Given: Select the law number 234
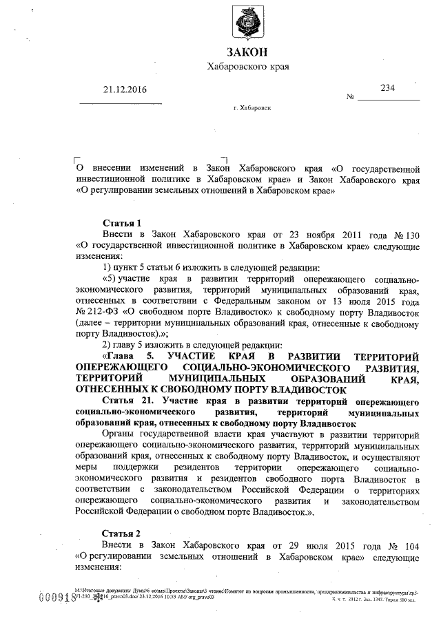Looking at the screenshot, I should point(388,88).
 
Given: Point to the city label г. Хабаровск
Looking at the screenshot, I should point(253,109).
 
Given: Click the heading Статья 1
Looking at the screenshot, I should point(122,223).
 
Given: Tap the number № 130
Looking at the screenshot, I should point(407,235).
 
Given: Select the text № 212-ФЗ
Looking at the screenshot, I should point(98,310).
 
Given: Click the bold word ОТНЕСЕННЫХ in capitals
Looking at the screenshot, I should point(113,389).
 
